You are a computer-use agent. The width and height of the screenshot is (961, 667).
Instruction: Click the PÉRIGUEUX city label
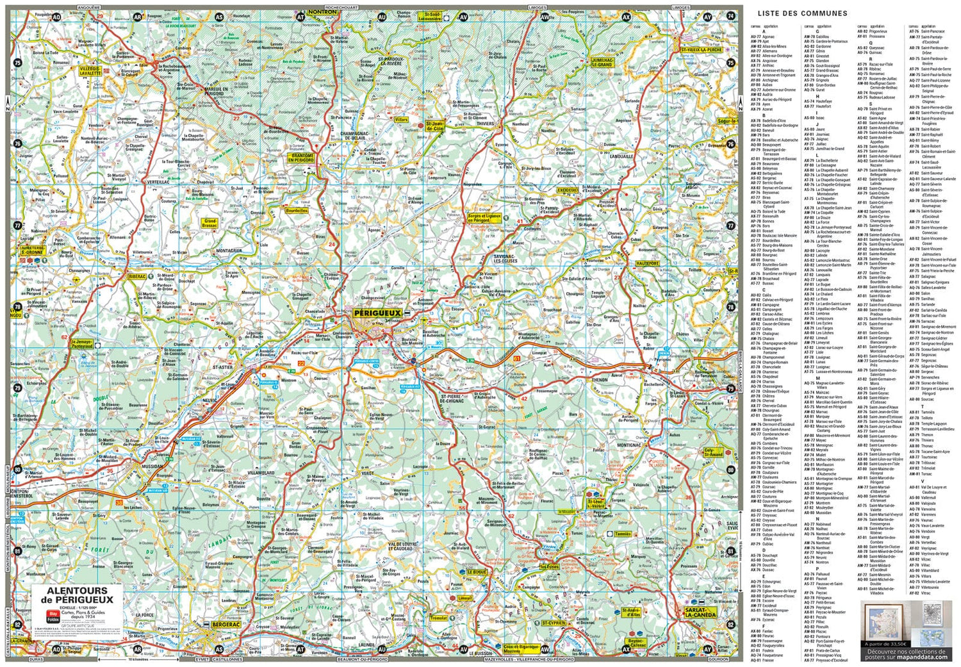[x=377, y=313]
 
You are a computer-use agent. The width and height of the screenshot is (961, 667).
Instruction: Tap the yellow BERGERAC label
[x=226, y=624]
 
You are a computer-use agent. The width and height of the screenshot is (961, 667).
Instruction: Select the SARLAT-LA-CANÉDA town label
[x=700, y=613]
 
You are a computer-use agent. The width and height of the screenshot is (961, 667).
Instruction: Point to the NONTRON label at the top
[x=322, y=12]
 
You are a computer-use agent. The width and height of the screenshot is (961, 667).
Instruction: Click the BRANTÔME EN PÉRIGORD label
[x=302, y=158]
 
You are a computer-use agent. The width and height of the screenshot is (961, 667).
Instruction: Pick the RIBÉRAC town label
[x=137, y=277]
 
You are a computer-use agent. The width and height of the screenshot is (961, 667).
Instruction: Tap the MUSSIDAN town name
[x=152, y=467]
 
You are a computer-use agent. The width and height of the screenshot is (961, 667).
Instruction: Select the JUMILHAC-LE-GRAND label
[x=601, y=63]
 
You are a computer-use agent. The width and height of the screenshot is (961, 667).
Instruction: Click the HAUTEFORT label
[x=648, y=263]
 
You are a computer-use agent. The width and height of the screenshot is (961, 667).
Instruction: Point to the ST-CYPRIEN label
[x=554, y=623]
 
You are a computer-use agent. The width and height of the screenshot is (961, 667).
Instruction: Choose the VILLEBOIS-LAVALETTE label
[x=90, y=70]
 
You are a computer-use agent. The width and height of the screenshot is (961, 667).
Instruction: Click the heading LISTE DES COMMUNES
[x=802, y=13]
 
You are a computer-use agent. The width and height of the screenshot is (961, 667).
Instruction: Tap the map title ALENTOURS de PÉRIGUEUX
[x=77, y=595]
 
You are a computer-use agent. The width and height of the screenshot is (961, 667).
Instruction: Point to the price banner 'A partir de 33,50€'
[x=885, y=643]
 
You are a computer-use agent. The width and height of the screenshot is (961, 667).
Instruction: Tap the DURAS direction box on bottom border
[x=36, y=659]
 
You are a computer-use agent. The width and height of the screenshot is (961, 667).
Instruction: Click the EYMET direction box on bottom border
[x=202, y=659]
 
